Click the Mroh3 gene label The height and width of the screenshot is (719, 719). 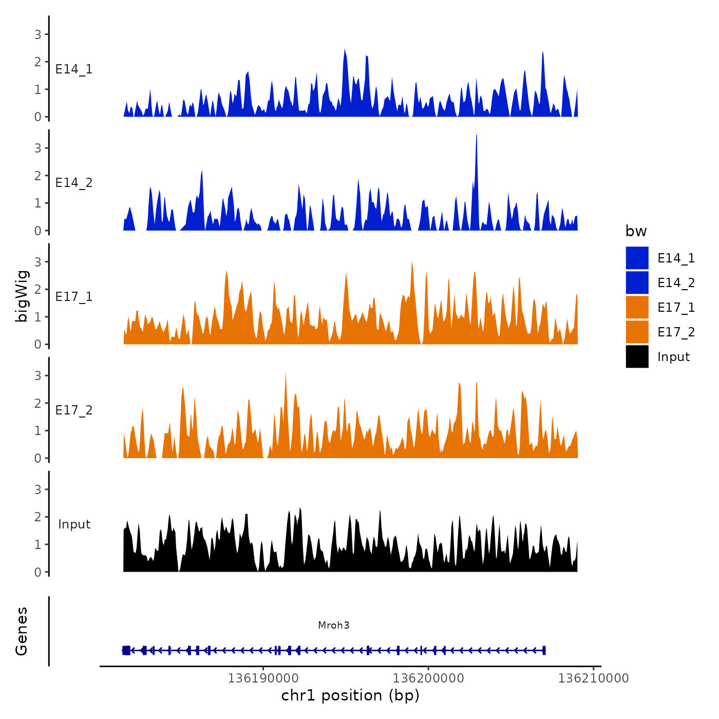click(x=334, y=625)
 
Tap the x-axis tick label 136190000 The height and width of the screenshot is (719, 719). click(x=263, y=678)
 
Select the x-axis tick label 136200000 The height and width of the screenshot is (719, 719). click(x=428, y=678)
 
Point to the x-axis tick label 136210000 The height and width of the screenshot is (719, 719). click(x=593, y=678)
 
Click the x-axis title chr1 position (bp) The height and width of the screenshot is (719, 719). click(x=350, y=696)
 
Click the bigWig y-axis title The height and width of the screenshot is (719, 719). click(x=22, y=296)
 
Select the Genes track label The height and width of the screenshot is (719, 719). click(x=22, y=631)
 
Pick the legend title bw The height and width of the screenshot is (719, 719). click(x=636, y=231)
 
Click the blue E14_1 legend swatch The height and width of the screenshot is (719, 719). click(x=637, y=258)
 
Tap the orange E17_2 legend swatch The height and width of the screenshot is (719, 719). click(x=637, y=332)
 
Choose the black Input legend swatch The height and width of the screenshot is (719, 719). click(x=637, y=356)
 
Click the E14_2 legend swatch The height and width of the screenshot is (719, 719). click(x=637, y=282)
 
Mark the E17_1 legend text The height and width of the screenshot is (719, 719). click(x=676, y=308)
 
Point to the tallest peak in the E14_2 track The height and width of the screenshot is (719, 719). click(x=477, y=137)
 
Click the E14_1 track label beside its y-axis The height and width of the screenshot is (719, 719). click(x=74, y=69)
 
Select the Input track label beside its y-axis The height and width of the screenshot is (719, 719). click(x=74, y=524)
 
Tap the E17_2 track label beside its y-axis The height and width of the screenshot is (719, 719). click(x=74, y=410)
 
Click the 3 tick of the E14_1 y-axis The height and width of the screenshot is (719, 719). click(x=38, y=34)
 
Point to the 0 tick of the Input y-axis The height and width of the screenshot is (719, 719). click(x=38, y=572)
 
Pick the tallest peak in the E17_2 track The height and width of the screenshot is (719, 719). click(x=286, y=373)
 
